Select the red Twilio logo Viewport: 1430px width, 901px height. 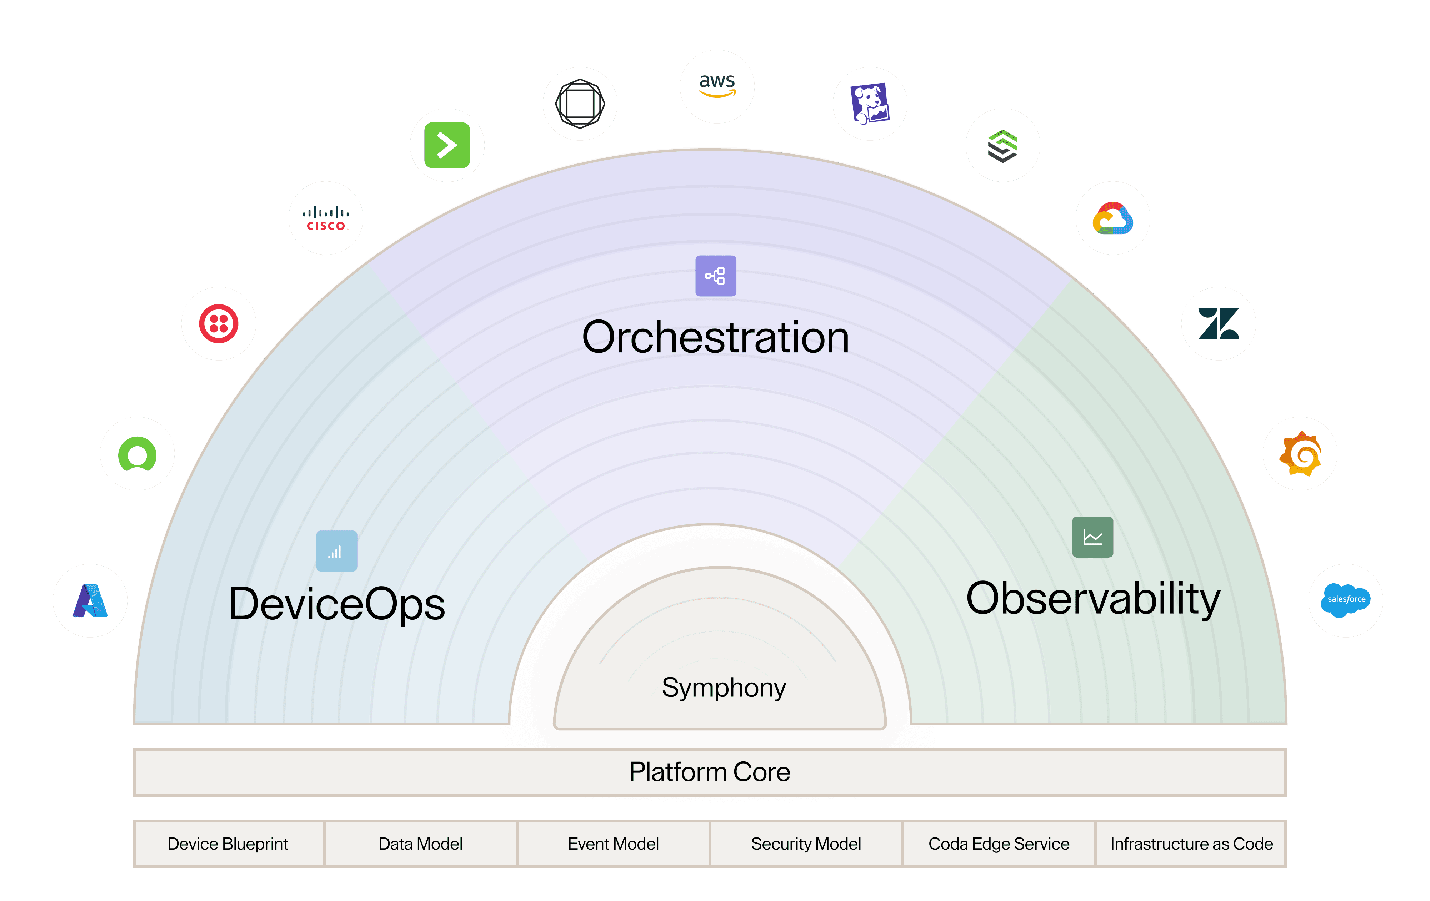(x=219, y=323)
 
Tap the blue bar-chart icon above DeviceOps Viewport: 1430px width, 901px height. (x=337, y=551)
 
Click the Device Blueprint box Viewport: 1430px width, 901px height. (x=228, y=844)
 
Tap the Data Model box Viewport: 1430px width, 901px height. (x=420, y=844)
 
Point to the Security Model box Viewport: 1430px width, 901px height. (x=806, y=844)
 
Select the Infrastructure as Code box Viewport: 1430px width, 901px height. (x=1191, y=844)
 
